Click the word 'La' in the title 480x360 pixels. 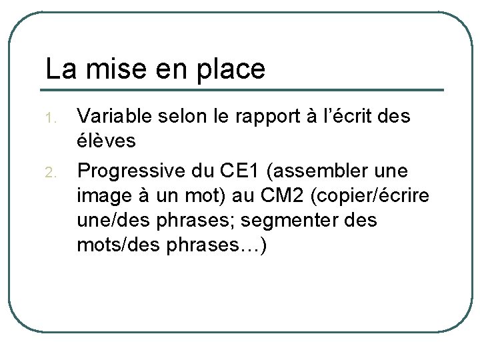(57, 68)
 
